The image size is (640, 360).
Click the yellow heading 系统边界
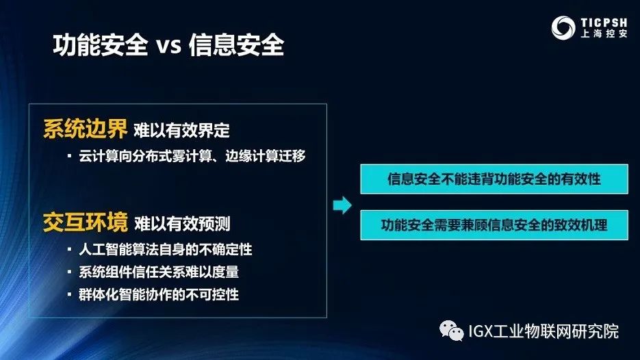coord(85,129)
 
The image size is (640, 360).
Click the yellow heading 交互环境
coord(85,223)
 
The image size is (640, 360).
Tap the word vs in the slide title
coord(166,47)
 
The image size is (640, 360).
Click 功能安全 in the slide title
coord(100,47)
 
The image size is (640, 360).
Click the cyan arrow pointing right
coord(342,205)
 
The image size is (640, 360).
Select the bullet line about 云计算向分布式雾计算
coord(192,156)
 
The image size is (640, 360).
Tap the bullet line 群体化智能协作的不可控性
coord(159,294)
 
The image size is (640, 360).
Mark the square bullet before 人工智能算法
coord(70,249)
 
